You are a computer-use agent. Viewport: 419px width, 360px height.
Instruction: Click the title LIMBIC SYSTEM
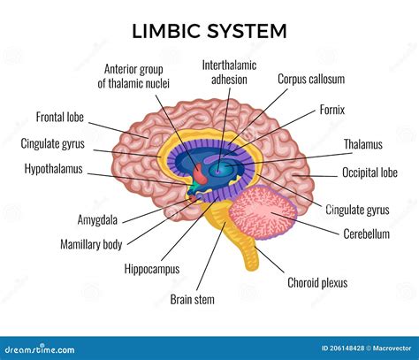209,30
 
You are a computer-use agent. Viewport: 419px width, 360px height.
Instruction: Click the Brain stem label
192,299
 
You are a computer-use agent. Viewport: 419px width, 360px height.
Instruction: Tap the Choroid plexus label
317,283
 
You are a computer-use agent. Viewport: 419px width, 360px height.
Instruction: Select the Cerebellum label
366,234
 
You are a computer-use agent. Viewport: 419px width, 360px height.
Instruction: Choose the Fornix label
331,111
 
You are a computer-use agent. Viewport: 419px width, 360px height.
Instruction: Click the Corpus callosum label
311,79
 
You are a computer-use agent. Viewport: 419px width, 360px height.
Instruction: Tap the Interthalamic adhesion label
229,72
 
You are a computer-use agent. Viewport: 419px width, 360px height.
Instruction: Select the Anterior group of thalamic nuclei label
137,75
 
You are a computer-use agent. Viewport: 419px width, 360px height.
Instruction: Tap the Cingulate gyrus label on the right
356,210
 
